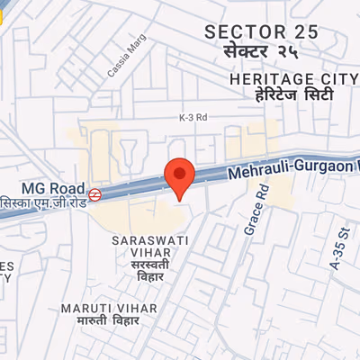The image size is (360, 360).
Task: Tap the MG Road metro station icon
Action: (94, 192)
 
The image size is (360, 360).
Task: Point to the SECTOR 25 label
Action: (261, 32)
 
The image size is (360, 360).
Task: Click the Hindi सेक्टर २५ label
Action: (261, 52)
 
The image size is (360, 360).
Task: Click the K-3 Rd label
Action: (193, 118)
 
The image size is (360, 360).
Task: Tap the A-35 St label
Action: (338, 252)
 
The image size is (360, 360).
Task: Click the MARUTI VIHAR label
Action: (108, 308)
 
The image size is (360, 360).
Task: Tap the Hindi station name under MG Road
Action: (42, 201)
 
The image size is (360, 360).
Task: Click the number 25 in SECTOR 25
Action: (304, 32)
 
